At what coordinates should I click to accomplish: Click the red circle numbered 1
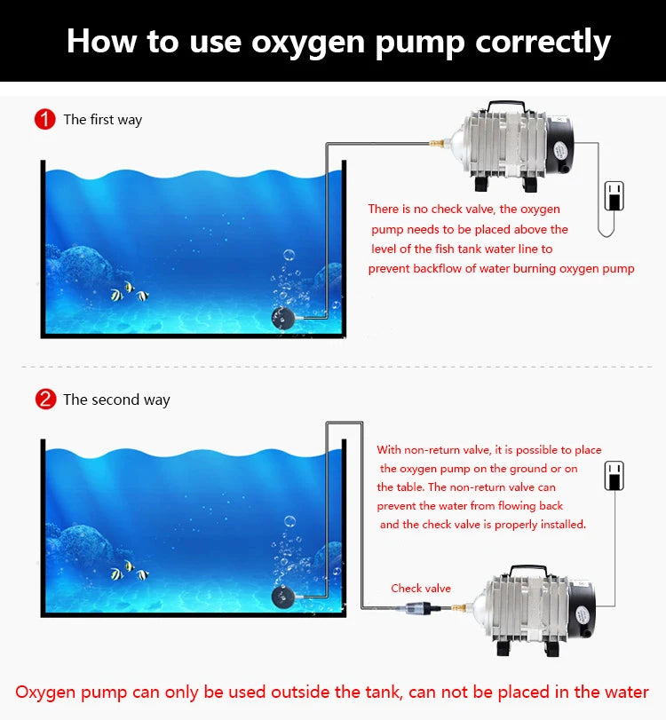pyautogui.click(x=45, y=119)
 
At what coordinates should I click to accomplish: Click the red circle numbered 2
pyautogui.click(x=45, y=400)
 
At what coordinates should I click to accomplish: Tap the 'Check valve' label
pyautogui.click(x=421, y=589)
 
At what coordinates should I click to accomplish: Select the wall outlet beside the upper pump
pyautogui.click(x=614, y=195)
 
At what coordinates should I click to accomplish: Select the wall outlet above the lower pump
pyautogui.click(x=614, y=476)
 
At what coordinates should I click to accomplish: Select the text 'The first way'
pyautogui.click(x=102, y=120)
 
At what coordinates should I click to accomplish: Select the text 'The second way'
pyautogui.click(x=116, y=400)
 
